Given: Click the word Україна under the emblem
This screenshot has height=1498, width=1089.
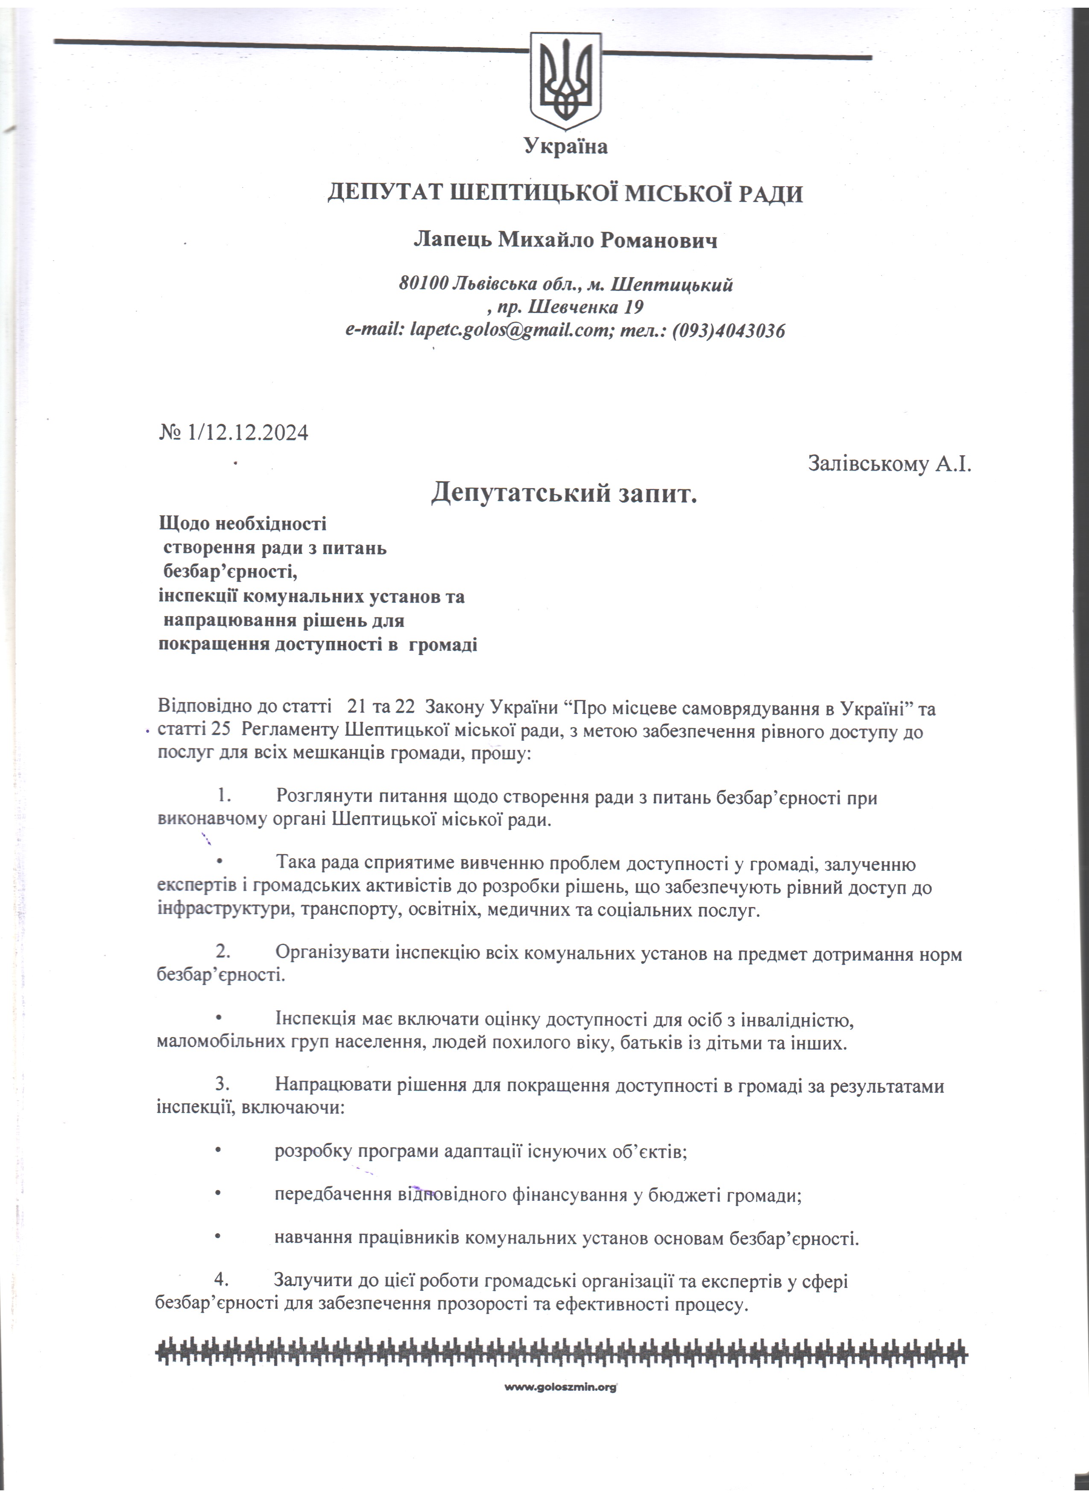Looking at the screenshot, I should click(565, 146).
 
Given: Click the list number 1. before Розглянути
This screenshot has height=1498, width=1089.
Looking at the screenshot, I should click(222, 798).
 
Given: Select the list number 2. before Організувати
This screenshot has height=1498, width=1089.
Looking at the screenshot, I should click(222, 953).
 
